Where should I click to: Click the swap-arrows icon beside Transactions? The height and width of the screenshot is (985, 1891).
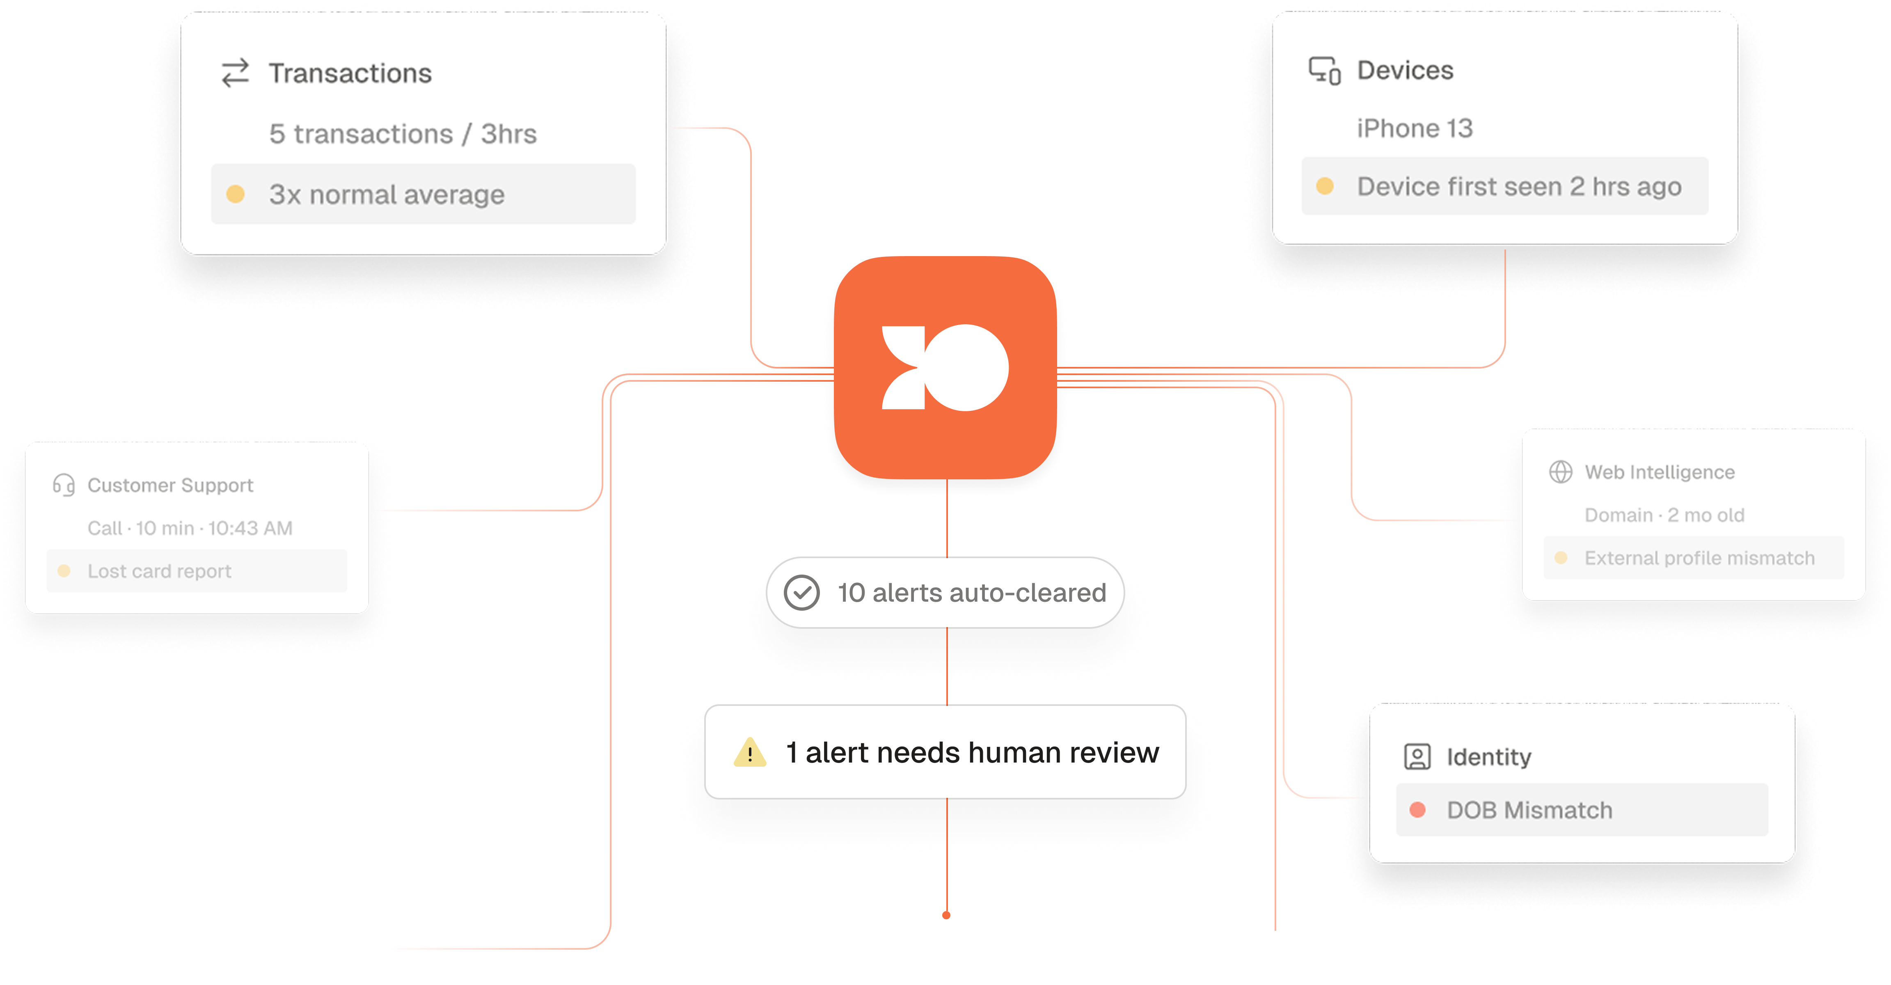[x=235, y=73]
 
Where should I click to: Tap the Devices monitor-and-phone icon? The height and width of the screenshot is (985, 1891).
[x=1324, y=71]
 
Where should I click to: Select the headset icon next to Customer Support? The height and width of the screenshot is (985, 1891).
[x=64, y=485]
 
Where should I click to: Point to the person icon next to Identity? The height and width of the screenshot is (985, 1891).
[x=1417, y=757]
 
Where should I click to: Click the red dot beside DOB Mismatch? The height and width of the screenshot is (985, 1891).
[x=1417, y=810]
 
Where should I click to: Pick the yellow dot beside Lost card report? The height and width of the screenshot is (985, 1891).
[x=64, y=571]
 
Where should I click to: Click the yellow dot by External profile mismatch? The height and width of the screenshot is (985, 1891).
[x=1561, y=558]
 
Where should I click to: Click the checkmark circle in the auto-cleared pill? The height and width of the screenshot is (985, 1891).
[x=801, y=592]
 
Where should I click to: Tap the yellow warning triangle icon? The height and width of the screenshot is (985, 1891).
[x=749, y=753]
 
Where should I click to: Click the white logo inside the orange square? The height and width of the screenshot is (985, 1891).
[x=945, y=367]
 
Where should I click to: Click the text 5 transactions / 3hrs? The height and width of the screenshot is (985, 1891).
[x=402, y=134]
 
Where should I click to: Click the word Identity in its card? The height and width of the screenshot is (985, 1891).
[x=1489, y=757]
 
